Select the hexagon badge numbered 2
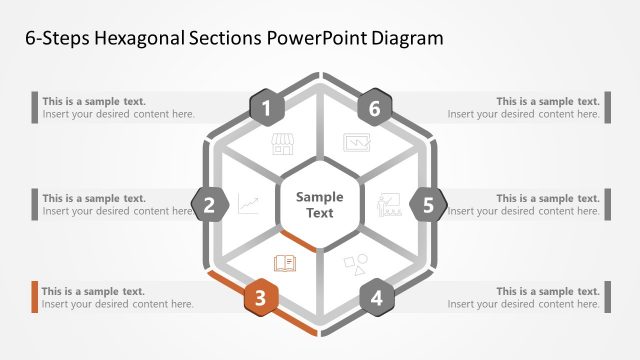pos(210,206)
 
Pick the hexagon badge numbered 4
pos(376,298)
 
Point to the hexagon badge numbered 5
pos(428,206)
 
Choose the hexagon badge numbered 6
pos(375,108)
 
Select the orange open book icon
pos(284,263)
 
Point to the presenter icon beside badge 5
pos(388,206)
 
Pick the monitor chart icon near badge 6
pos(356,143)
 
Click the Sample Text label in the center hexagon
pos(319,205)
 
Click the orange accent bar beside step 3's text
pos(35,297)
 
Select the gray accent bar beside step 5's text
pos(607,205)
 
